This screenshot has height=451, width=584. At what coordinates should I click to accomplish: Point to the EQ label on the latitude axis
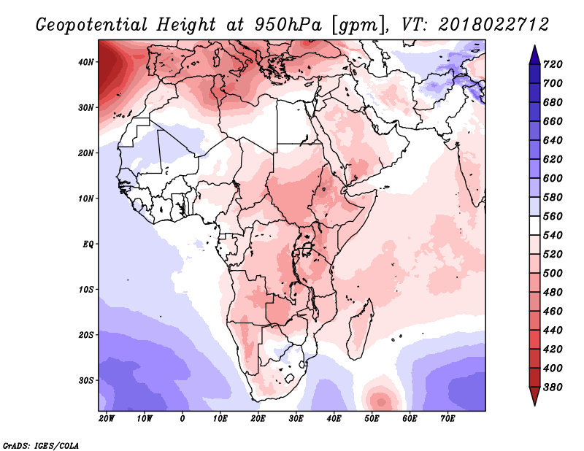87,244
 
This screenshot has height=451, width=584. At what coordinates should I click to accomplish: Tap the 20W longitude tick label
106,418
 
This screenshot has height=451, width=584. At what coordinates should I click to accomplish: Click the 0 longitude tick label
182,418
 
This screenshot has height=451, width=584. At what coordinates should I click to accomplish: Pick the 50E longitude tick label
372,418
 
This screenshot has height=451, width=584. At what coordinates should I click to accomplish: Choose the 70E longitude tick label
447,418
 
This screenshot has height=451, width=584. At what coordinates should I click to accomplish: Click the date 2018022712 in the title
493,23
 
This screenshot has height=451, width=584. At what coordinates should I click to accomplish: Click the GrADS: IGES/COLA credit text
41,444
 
